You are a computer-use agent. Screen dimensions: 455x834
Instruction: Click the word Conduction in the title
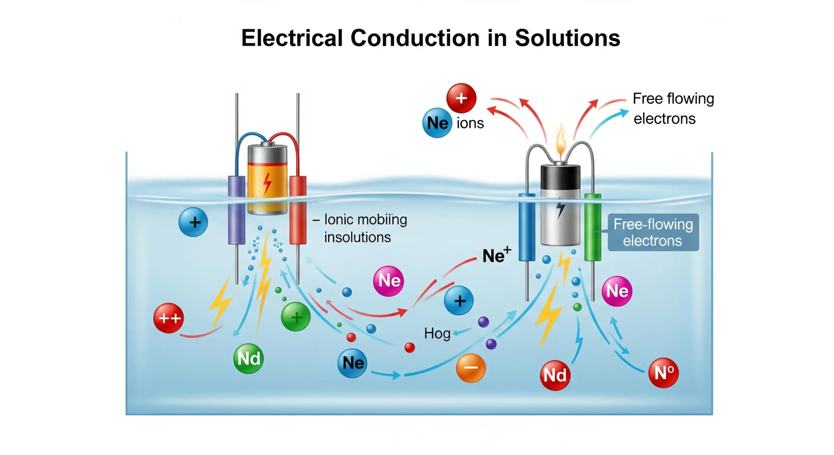(x=414, y=38)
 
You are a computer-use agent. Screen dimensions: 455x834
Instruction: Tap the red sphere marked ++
(x=168, y=318)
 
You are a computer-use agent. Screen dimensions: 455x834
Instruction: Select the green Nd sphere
(x=249, y=358)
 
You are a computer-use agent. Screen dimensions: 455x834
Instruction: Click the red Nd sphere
(x=555, y=375)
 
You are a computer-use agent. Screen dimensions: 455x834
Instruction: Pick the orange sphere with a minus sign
(x=471, y=368)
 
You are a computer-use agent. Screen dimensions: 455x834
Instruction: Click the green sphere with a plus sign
(x=296, y=317)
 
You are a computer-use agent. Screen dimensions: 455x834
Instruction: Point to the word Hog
(x=437, y=333)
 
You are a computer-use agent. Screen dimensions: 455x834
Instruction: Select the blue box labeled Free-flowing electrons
(x=653, y=232)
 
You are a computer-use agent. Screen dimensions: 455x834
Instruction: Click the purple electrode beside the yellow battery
(x=237, y=210)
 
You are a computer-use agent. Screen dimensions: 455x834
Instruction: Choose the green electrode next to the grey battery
(x=593, y=227)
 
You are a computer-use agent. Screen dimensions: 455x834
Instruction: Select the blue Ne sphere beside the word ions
(x=437, y=123)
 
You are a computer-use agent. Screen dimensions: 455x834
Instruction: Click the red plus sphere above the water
(x=461, y=98)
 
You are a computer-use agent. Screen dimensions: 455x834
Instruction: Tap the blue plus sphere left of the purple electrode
(x=193, y=222)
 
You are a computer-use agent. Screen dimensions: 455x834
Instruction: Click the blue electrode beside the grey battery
(x=527, y=227)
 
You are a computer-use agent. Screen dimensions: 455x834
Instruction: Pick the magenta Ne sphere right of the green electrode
(x=617, y=291)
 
